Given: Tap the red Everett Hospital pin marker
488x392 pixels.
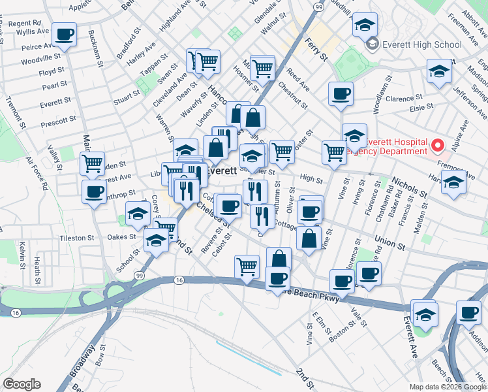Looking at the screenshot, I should click(x=438, y=144).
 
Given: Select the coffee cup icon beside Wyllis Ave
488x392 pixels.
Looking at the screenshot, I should click(x=65, y=34).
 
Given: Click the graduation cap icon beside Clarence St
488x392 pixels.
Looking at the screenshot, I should click(x=440, y=71).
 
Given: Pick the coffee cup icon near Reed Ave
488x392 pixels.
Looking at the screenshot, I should click(x=340, y=94).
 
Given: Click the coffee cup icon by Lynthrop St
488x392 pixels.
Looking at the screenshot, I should click(x=94, y=192).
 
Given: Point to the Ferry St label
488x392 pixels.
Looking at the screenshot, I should click(x=316, y=48).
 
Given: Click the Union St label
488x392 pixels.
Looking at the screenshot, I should click(x=390, y=243).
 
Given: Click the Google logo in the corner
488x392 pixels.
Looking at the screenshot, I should click(x=22, y=384).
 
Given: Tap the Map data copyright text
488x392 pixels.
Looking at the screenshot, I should click(x=447, y=387).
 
